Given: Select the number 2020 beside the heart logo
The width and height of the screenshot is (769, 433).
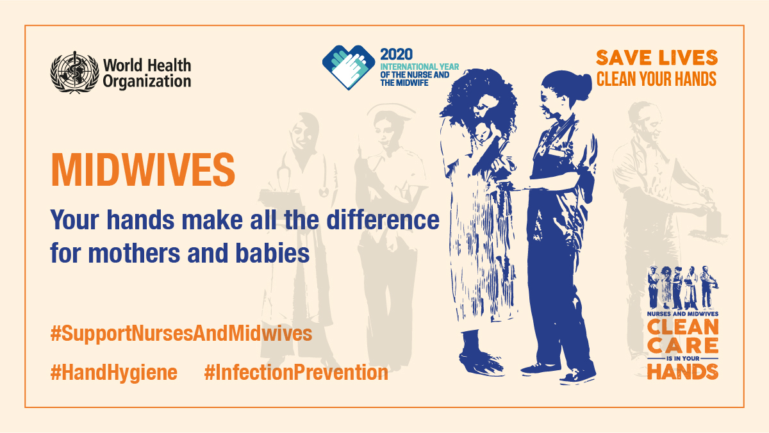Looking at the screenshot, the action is coord(396,54).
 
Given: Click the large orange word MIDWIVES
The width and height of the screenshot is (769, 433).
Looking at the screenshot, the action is coord(143,170).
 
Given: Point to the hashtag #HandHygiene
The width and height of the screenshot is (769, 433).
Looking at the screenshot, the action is coord(114,372).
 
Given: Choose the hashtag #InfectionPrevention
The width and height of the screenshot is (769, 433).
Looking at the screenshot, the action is coord(296,372).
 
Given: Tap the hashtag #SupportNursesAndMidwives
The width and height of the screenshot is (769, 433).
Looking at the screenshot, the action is coord(181,333).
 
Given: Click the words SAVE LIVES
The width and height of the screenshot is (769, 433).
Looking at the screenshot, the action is coord(657,58).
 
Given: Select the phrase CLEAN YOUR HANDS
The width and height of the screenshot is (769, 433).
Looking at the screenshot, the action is coord(656,79).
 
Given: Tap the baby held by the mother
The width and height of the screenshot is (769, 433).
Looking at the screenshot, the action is coord(483,132).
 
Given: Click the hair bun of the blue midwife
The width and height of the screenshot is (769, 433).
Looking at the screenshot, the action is coord(583,86).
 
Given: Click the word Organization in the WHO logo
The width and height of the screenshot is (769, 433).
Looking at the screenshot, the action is coord(147,81).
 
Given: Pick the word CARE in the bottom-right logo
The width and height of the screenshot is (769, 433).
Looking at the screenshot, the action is coord(683,346).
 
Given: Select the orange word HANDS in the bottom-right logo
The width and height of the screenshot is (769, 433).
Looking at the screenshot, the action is coord(683,372).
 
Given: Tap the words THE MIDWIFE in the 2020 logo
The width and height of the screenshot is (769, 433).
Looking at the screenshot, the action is coord(404,83).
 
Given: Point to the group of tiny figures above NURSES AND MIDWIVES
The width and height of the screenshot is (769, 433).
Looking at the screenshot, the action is coord(683,288).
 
